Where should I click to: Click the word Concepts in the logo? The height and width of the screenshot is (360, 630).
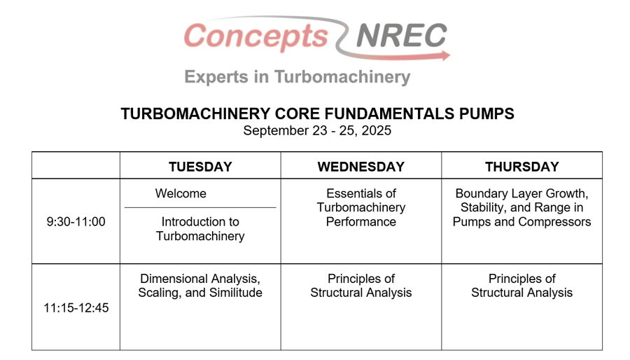click(256, 36)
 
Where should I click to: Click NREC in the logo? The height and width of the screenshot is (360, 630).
click(401, 35)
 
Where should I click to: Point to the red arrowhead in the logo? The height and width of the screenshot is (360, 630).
click(446, 56)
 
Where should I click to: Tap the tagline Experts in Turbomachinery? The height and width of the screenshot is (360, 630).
click(297, 77)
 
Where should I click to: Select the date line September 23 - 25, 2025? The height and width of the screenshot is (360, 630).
click(317, 130)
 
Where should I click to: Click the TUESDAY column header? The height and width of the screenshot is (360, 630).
click(200, 167)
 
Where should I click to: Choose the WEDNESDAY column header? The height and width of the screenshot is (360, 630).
click(360, 167)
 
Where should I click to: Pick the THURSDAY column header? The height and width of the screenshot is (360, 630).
click(522, 167)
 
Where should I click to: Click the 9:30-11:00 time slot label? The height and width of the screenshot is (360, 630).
click(76, 221)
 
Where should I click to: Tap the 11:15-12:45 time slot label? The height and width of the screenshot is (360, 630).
click(76, 307)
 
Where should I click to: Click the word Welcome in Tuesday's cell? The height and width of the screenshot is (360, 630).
click(181, 193)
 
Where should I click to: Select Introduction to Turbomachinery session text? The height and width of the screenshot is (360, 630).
click(200, 228)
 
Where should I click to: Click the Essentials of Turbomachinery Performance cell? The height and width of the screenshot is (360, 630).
click(360, 207)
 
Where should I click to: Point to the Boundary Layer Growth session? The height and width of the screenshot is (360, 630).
click(522, 207)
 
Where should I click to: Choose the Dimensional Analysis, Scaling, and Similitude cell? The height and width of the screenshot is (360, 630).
click(200, 286)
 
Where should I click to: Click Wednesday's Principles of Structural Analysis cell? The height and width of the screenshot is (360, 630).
click(360, 286)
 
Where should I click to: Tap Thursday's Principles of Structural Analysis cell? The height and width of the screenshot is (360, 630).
click(522, 286)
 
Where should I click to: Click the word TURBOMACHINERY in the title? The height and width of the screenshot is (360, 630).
click(195, 113)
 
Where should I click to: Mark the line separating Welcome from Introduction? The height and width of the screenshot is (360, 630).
click(200, 208)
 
